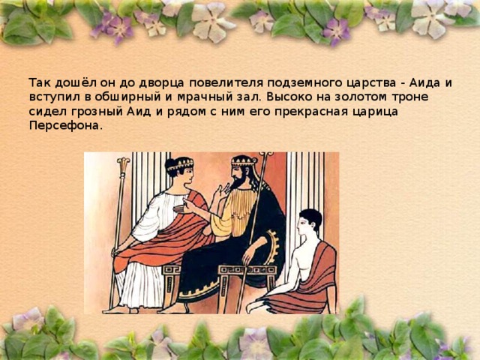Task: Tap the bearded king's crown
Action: pos(244,160)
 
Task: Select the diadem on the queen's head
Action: pos(180,163)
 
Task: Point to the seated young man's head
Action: pos(310,221)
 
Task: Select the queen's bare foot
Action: pos(112,308)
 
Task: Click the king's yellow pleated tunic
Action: pos(238,214)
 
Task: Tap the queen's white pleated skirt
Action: pos(141,285)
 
